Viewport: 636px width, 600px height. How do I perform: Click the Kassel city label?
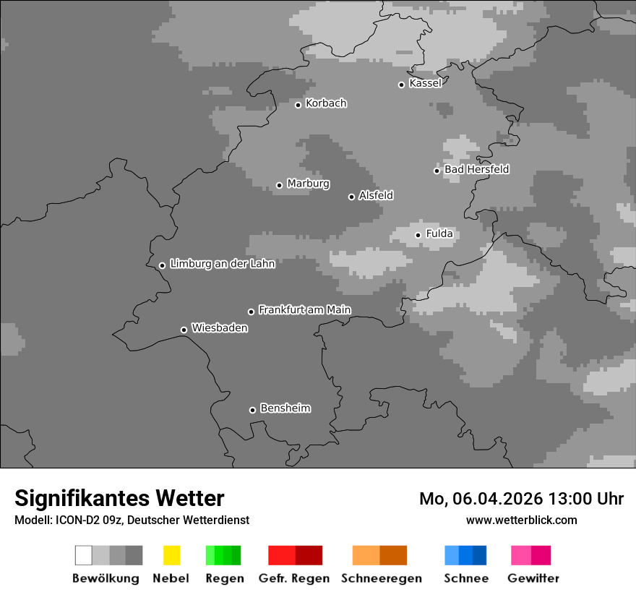[x=425, y=83]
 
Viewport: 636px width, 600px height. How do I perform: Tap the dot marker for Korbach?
[x=298, y=105]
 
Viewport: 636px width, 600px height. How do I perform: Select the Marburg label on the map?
[x=308, y=184]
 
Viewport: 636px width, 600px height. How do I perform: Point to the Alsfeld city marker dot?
[x=351, y=197]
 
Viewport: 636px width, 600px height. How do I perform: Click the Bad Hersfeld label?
[x=476, y=169]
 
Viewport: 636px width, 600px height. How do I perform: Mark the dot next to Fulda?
[x=418, y=235]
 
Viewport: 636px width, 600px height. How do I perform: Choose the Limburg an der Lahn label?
[x=222, y=264]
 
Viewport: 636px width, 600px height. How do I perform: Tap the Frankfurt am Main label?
[x=304, y=310]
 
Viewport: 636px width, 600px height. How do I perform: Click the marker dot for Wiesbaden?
[x=184, y=330]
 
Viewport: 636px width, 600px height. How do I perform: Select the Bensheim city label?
[x=285, y=408]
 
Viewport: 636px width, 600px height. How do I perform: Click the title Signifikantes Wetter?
[x=119, y=498]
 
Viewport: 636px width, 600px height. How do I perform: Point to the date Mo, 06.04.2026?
[x=481, y=499]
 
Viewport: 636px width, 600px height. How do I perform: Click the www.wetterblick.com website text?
[x=521, y=520]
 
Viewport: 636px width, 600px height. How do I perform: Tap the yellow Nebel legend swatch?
[x=171, y=555]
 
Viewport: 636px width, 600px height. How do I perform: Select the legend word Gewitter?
[x=533, y=578]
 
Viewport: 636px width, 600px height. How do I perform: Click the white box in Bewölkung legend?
[x=84, y=555]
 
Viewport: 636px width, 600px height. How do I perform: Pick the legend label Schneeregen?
[x=382, y=578]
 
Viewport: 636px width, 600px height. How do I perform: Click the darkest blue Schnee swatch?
[x=480, y=555]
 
